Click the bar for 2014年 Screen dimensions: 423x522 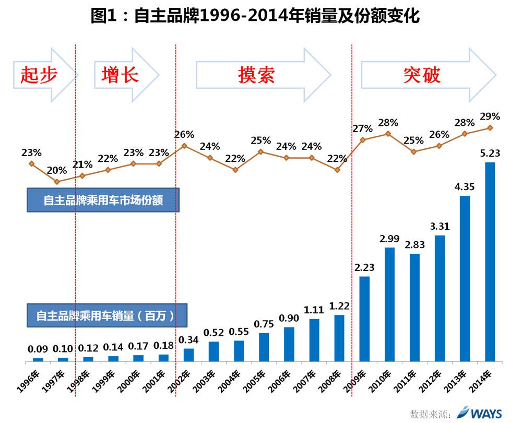click(490, 261)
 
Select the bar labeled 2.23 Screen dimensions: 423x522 click(364, 319)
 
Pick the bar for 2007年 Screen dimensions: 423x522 click(314, 339)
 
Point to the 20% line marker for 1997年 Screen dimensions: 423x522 click(57, 182)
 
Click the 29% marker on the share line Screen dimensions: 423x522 click(490, 127)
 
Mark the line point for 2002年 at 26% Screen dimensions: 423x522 click(184, 146)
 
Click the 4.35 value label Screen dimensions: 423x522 click(465, 187)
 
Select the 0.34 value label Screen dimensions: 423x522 click(188, 340)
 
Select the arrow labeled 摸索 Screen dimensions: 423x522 click(261, 75)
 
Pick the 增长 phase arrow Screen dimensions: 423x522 click(125, 75)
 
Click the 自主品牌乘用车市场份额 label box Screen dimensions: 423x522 click(103, 200)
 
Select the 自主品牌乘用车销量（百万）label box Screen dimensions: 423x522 click(106, 315)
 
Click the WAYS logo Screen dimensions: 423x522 click(479, 413)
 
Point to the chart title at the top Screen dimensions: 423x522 click(256, 16)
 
